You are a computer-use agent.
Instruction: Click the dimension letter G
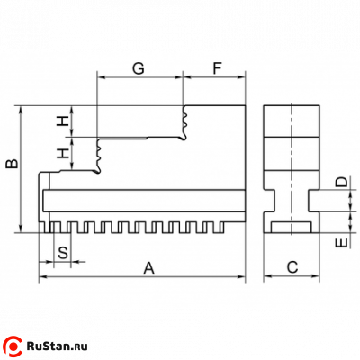[x=139, y=68]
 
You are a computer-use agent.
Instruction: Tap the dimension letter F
[x=217, y=68]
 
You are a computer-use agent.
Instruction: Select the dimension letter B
[x=13, y=164]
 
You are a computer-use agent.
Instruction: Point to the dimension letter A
[x=149, y=268]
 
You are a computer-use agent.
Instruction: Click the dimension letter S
[x=63, y=253]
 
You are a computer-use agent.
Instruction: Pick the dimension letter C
[x=292, y=267]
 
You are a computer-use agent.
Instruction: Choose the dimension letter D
[x=341, y=182]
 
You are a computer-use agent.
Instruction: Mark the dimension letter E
[x=341, y=243]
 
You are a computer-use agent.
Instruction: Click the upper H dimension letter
[x=64, y=121]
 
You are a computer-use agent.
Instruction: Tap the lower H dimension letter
[x=64, y=154]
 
